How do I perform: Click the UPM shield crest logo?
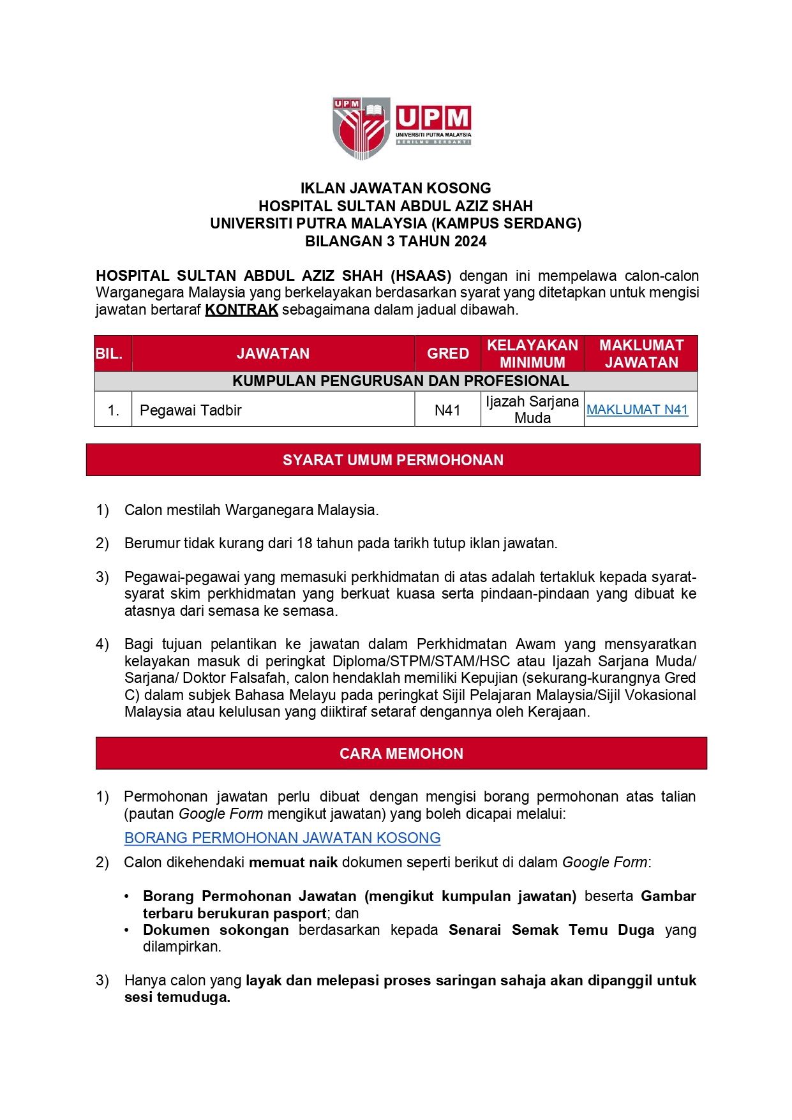click(361, 128)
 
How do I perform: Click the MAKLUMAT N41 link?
click(637, 410)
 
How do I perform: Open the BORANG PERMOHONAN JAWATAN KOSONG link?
click(282, 838)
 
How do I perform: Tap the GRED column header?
click(448, 354)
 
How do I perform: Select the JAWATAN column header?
click(273, 354)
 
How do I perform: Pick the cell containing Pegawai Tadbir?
click(191, 410)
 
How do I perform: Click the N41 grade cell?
click(447, 410)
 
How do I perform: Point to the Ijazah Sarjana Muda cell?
click(532, 410)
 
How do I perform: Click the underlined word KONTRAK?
click(241, 310)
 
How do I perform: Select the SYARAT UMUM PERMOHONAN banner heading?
click(393, 460)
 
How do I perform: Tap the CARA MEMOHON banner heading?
click(401, 754)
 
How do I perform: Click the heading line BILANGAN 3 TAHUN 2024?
click(396, 241)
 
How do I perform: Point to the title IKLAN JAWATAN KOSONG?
click(396, 188)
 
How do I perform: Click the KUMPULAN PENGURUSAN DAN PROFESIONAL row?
click(400, 381)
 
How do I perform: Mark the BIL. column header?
click(109, 354)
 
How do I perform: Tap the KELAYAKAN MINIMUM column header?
click(532, 354)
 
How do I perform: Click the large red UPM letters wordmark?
click(433, 119)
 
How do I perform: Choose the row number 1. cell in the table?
click(114, 410)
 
